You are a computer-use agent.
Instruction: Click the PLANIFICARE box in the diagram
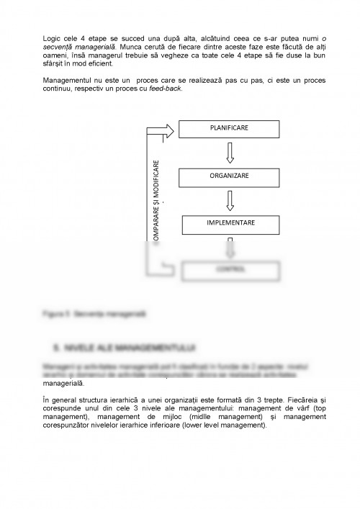pyautogui.click(x=229, y=128)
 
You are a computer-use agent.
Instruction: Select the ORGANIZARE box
pyautogui.click(x=229, y=176)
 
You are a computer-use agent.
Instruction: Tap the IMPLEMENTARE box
pyautogui.click(x=229, y=223)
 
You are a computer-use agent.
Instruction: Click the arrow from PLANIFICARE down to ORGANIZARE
pyautogui.click(x=229, y=152)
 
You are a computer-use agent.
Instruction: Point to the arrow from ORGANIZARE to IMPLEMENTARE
pyautogui.click(x=229, y=199)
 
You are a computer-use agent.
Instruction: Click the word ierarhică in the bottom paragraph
pyautogui.click(x=130, y=398)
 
